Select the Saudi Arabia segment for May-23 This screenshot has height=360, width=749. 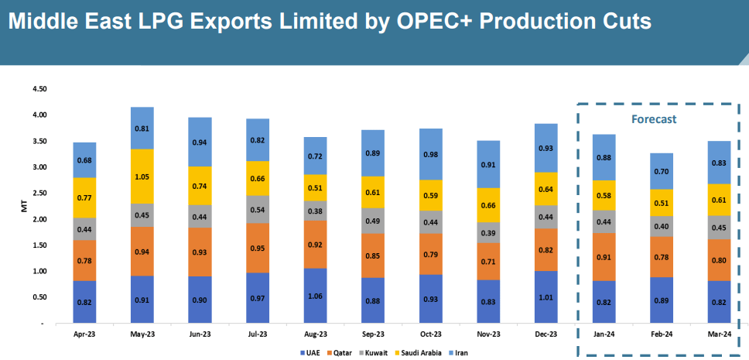pos(142,177)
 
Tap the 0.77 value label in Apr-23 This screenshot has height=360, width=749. pos(85,198)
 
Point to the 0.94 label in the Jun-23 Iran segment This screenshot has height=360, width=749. pos(200,142)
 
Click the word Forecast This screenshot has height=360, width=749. pos(654,120)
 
